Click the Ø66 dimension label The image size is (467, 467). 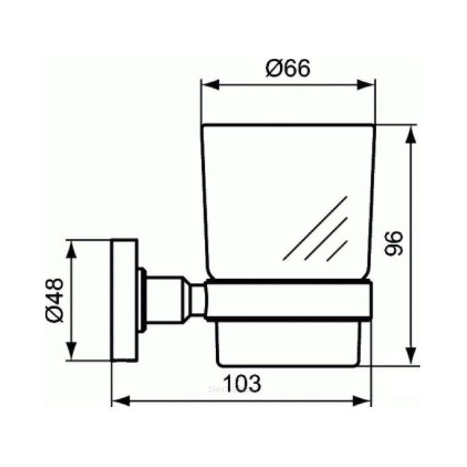coord(288,67)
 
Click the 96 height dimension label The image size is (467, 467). coord(395,245)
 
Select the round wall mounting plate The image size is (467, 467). coord(124,300)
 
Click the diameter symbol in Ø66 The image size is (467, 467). coord(272,67)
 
